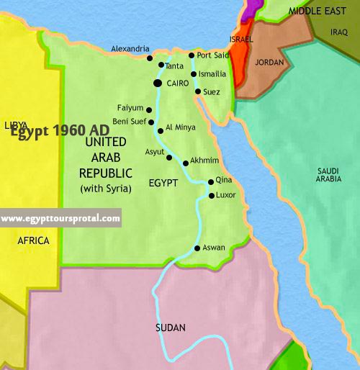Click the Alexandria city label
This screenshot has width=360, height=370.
click(x=130, y=49)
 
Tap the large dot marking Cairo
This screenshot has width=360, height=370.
click(x=157, y=84)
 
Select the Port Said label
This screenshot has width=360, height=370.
click(x=213, y=55)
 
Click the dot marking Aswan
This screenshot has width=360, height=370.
click(x=198, y=248)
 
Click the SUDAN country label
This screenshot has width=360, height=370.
click(x=171, y=328)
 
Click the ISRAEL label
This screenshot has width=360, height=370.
click(x=241, y=37)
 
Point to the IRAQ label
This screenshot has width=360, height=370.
click(x=340, y=32)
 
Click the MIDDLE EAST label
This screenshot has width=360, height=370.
click(x=318, y=11)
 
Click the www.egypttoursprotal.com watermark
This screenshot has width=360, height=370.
click(x=60, y=218)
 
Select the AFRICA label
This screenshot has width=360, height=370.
click(x=33, y=240)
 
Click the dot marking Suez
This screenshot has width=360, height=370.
click(x=197, y=91)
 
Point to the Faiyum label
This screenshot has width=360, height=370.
click(x=130, y=108)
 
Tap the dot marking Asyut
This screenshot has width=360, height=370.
click(x=169, y=157)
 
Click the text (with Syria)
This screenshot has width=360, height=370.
click(x=106, y=189)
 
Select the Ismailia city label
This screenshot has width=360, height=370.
click(x=213, y=74)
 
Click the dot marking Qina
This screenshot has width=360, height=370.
click(x=210, y=182)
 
